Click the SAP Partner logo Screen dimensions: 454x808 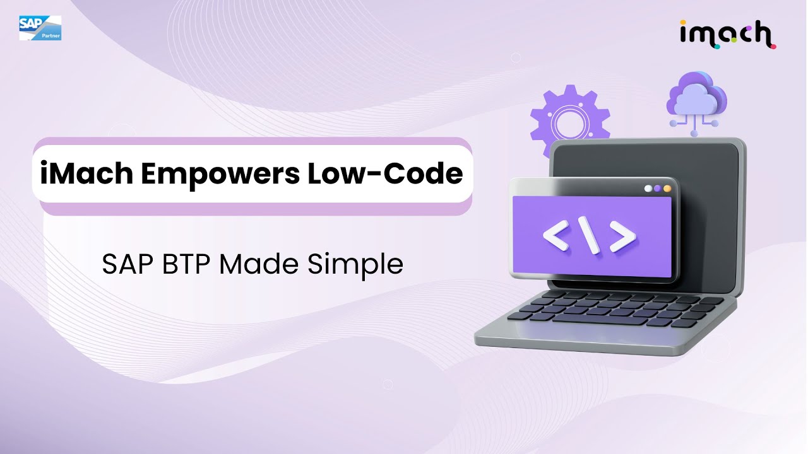40,28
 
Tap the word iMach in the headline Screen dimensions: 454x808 85,173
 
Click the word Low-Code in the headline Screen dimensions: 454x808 385,173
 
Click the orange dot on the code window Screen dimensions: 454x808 667,189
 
